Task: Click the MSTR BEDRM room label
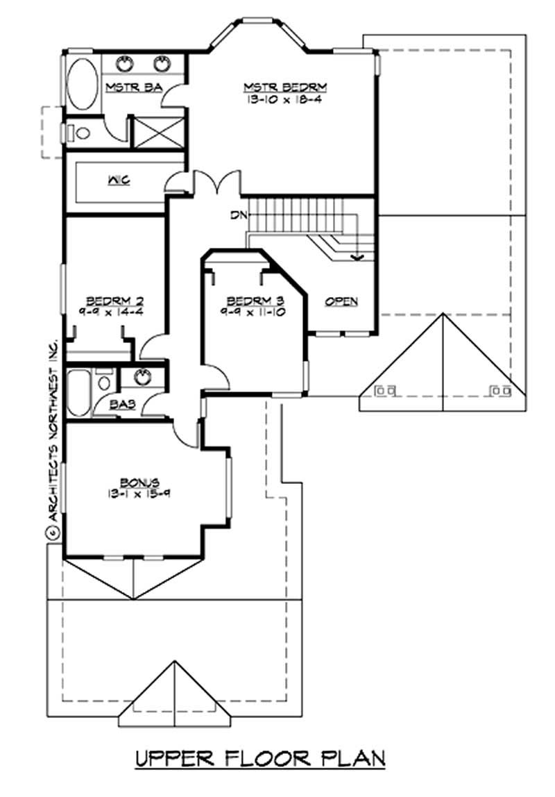(x=284, y=87)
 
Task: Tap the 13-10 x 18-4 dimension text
(x=284, y=99)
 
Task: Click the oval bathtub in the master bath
(x=83, y=83)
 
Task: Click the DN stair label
(x=239, y=216)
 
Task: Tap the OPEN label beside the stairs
(x=342, y=301)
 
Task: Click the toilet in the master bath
(x=78, y=132)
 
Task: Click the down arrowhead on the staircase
(x=358, y=258)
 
